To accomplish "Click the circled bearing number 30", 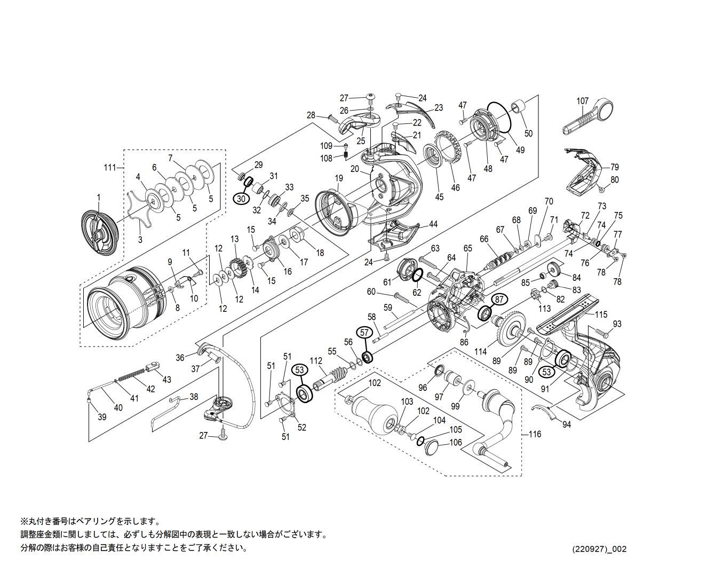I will [241, 199].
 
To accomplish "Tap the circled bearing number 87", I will [499, 300].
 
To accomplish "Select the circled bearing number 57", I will [364, 333].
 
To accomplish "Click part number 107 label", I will [582, 101].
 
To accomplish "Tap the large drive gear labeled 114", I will [512, 332].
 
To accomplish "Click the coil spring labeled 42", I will [131, 374].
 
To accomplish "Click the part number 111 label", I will [109, 168].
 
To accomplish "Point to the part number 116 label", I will [535, 434].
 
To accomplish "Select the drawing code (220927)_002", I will [599, 549].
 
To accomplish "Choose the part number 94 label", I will [566, 424].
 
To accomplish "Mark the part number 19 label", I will [339, 178].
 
